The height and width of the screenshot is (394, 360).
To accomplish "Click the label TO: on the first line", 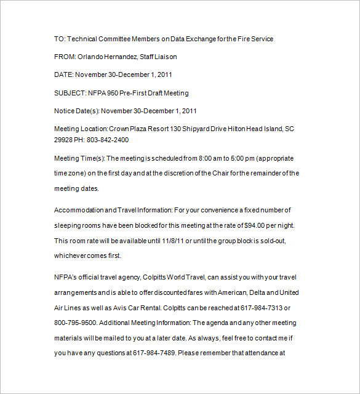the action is (60, 39).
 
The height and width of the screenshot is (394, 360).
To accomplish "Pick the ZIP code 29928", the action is (64, 140).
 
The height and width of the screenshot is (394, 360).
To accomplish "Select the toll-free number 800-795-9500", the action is (74, 323).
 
